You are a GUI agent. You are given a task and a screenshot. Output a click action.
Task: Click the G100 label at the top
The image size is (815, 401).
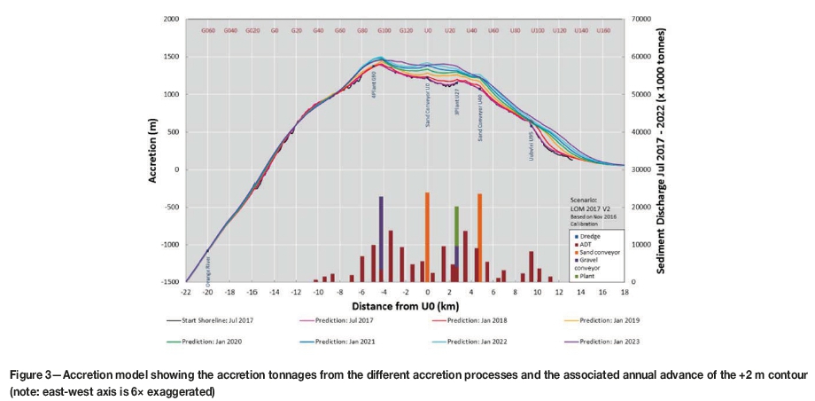pyautogui.click(x=384, y=30)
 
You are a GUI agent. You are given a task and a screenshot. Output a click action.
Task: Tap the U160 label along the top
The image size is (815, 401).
pyautogui.click(x=602, y=30)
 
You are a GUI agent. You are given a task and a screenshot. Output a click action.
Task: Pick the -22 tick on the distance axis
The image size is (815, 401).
pyautogui.click(x=186, y=291)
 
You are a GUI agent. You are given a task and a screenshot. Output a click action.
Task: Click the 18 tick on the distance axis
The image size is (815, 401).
pyautogui.click(x=625, y=291)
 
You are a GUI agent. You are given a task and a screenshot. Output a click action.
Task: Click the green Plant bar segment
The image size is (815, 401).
pyautogui.click(x=456, y=226)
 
